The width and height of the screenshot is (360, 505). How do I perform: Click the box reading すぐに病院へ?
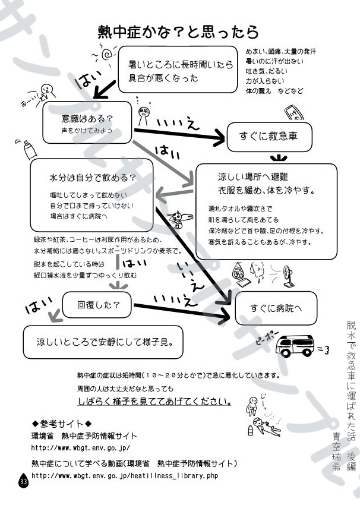[277, 307]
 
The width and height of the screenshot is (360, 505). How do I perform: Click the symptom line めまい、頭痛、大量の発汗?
[280, 52]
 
